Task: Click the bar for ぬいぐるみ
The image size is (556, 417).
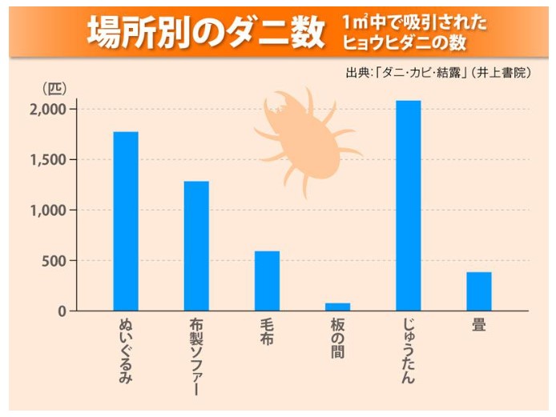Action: [x=126, y=221]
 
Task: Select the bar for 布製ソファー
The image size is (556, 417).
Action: [x=196, y=246]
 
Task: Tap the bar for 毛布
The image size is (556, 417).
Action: [x=268, y=281]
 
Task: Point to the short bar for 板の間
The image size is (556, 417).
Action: [x=338, y=307]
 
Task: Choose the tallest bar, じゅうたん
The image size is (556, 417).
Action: [x=409, y=206]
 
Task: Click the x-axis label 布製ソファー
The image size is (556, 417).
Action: [x=196, y=357]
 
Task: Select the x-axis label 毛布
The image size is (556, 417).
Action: [x=268, y=335]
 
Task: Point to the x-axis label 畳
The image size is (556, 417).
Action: [x=479, y=326]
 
